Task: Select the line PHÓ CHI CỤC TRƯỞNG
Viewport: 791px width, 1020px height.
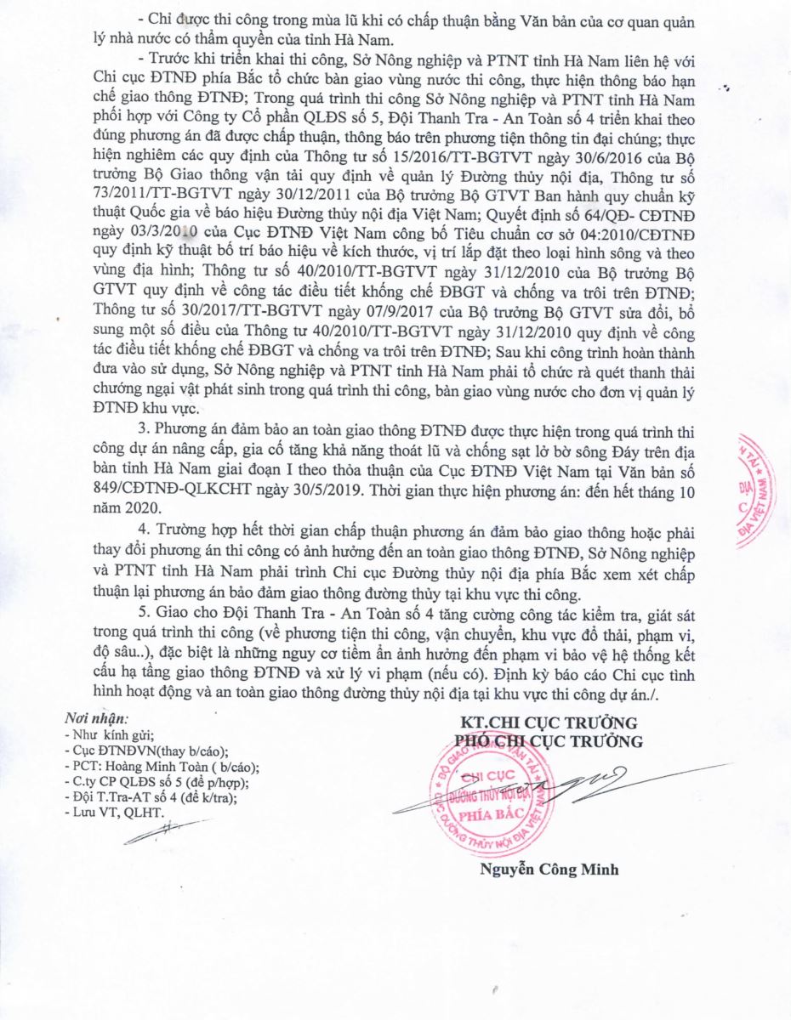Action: [549, 741]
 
